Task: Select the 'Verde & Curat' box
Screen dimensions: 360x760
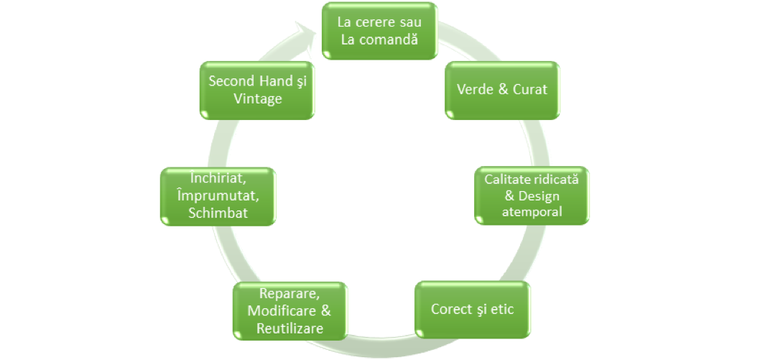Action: [x=502, y=90]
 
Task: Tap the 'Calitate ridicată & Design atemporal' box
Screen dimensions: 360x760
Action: [x=532, y=195]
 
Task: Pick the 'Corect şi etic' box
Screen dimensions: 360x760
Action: [x=473, y=310]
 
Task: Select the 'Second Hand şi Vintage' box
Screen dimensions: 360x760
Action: [x=257, y=90]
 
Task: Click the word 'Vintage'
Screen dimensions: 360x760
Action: [x=257, y=98]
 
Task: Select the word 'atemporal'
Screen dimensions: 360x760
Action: [x=532, y=212]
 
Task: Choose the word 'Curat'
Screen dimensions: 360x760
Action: [x=527, y=90]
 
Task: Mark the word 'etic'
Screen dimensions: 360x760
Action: [x=504, y=310]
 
